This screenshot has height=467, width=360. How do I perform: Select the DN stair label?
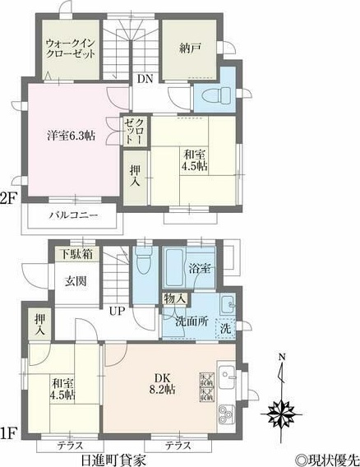[x=144, y=79]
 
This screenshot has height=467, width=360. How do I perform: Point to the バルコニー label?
[x=72, y=215]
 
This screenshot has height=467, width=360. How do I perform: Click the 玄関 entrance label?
[x=76, y=280]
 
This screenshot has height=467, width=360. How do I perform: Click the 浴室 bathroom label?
[x=201, y=269]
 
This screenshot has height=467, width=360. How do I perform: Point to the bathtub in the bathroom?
[x=175, y=267]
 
